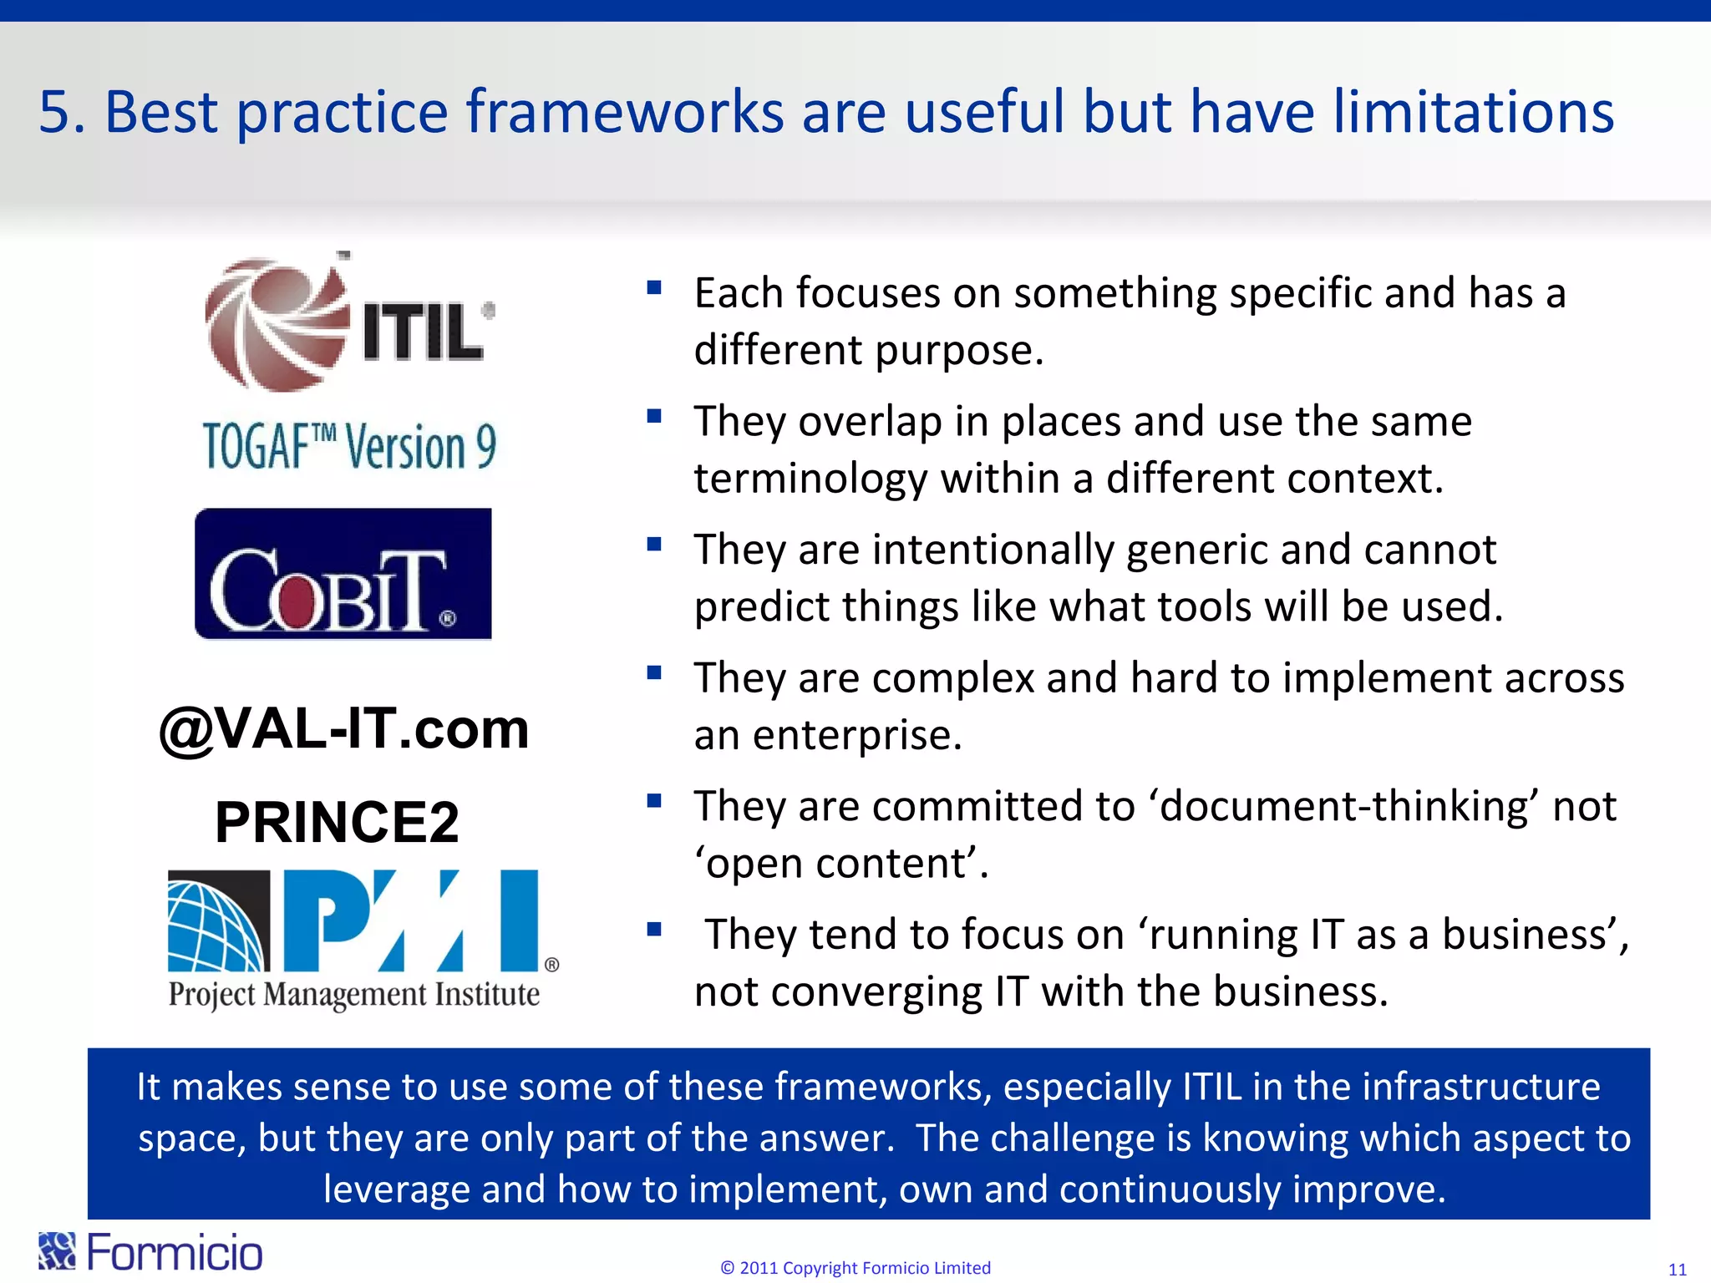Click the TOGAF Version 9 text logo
click(x=349, y=446)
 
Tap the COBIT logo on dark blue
click(x=343, y=575)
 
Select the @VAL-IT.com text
click(x=343, y=728)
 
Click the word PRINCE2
click(x=337, y=822)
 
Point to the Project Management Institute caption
click(x=353, y=994)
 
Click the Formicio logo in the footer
click(x=150, y=1252)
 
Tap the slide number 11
click(x=1677, y=1270)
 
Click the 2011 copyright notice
click(x=855, y=1268)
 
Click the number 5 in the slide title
click(x=56, y=112)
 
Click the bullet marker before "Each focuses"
click(x=654, y=289)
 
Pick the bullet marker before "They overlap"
click(x=654, y=416)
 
